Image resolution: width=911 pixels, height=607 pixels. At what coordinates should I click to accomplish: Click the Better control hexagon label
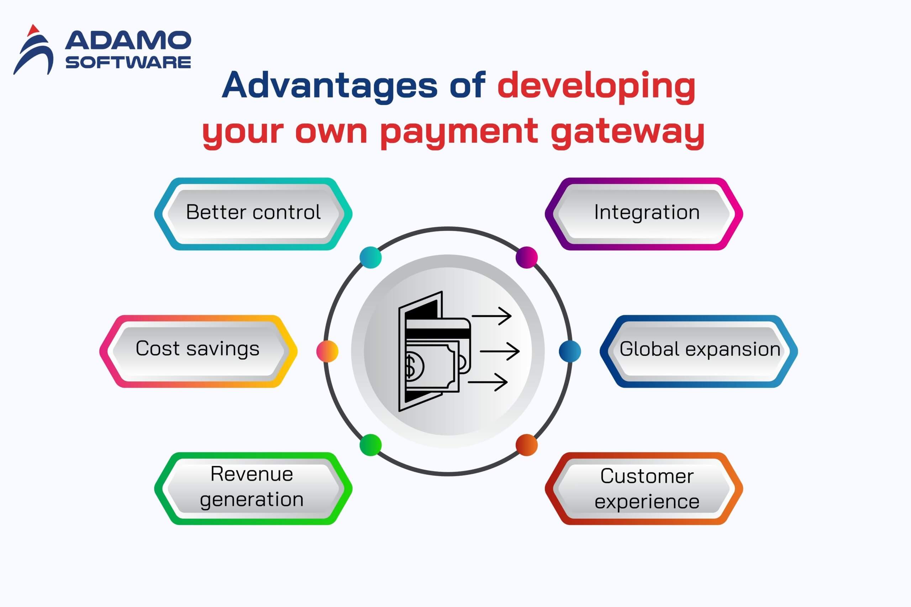click(x=253, y=214)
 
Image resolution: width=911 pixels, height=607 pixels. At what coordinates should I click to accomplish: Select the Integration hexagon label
click(x=644, y=214)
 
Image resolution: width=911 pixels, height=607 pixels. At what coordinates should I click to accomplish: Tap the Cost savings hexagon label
click(x=198, y=351)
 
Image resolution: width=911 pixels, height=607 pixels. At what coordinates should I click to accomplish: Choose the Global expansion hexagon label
click(x=699, y=351)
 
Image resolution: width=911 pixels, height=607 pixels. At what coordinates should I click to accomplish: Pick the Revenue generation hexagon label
click(x=253, y=489)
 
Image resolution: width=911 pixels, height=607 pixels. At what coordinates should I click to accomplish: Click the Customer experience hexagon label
click(x=644, y=489)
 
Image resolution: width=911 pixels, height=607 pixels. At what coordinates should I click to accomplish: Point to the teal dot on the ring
click(x=370, y=258)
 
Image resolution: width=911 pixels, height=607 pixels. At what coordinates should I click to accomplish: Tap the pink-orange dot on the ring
click(x=327, y=351)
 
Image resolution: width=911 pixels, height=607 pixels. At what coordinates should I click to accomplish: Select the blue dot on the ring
click(x=570, y=351)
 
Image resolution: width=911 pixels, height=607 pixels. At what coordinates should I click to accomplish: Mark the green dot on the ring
click(x=370, y=445)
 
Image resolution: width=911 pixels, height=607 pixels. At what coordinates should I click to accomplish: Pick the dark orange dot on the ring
click(x=527, y=445)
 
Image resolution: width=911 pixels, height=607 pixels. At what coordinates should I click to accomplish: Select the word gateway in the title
click(x=627, y=132)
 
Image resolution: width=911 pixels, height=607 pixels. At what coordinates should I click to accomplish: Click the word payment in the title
click(x=459, y=132)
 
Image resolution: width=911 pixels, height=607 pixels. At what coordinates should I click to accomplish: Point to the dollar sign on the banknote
click(x=410, y=366)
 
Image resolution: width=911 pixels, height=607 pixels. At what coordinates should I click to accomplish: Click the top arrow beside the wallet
click(x=492, y=316)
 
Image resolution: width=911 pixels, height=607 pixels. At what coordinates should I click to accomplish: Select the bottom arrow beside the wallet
click(x=488, y=382)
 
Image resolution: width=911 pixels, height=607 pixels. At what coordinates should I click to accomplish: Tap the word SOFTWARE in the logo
click(x=128, y=62)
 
